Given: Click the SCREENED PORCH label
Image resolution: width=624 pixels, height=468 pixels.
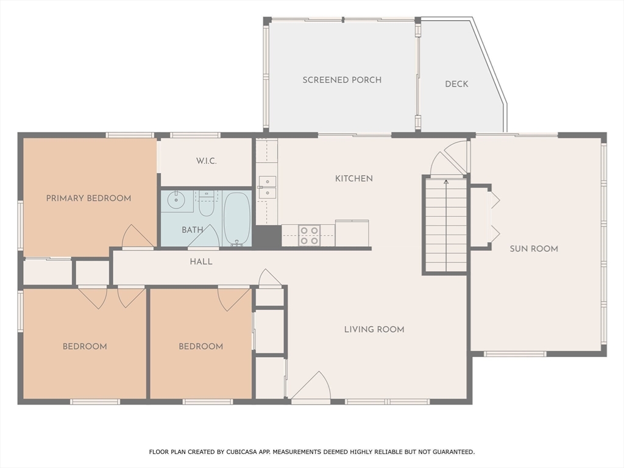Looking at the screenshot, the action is pyautogui.click(x=342, y=80).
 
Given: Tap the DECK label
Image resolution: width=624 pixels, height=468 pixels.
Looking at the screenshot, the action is pyautogui.click(x=456, y=84).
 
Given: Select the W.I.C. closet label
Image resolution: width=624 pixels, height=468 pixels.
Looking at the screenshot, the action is pyautogui.click(x=206, y=161).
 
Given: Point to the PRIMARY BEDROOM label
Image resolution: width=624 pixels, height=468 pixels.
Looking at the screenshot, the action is pyautogui.click(x=88, y=198).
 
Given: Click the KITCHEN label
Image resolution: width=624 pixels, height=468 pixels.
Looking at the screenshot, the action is pyautogui.click(x=354, y=179).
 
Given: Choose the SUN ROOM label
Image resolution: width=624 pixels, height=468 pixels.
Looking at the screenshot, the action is pyautogui.click(x=534, y=249).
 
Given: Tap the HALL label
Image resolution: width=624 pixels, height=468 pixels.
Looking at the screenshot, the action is pyautogui.click(x=201, y=261).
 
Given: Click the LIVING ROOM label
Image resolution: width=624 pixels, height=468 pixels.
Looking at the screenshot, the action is pyautogui.click(x=374, y=329).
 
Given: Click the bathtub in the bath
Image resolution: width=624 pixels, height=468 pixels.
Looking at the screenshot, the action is pyautogui.click(x=237, y=219).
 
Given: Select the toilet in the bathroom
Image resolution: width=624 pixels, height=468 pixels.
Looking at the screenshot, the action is pyautogui.click(x=206, y=204).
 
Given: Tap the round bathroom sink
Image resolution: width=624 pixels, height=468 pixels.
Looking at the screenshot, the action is pyautogui.click(x=175, y=200).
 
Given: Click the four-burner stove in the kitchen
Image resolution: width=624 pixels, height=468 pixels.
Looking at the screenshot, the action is pyautogui.click(x=309, y=235).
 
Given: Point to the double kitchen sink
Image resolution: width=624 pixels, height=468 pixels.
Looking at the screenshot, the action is pyautogui.click(x=267, y=187).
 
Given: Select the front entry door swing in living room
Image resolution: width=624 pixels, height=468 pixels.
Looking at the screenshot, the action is pyautogui.click(x=311, y=385).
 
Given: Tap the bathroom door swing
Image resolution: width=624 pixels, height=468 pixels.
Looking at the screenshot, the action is pyautogui.click(x=204, y=236).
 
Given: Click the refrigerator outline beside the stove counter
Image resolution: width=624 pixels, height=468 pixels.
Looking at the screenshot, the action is pyautogui.click(x=352, y=233).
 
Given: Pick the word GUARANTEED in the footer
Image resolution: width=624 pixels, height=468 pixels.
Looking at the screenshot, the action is pyautogui.click(x=453, y=452).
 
